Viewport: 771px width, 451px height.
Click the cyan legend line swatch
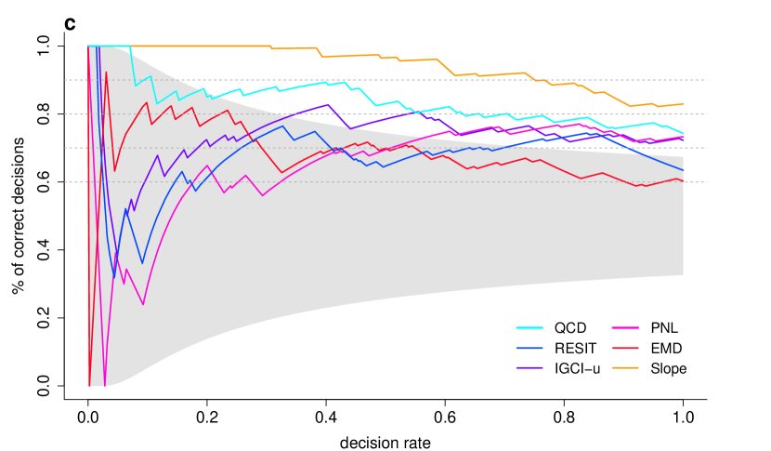tap(529, 328)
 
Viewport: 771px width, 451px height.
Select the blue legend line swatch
tap(529, 349)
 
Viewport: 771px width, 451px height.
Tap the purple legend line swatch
tap(529, 368)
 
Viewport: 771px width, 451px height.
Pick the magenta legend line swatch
tap(625, 328)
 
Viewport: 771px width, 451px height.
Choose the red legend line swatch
tap(625, 349)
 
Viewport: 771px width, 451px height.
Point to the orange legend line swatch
tap(625, 368)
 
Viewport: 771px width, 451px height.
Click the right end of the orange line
tap(684, 104)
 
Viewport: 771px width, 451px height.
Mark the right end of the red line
tap(684, 181)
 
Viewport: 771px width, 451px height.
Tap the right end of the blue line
tap(684, 171)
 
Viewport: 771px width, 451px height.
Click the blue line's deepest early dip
tap(114, 277)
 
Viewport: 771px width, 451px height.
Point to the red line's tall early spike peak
tap(106, 72)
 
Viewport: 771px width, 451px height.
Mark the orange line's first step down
tap(271, 48)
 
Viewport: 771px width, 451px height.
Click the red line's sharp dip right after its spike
tap(114, 170)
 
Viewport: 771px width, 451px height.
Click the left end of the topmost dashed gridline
tap(65, 80)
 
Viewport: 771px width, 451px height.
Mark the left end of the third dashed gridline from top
tap(65, 148)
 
